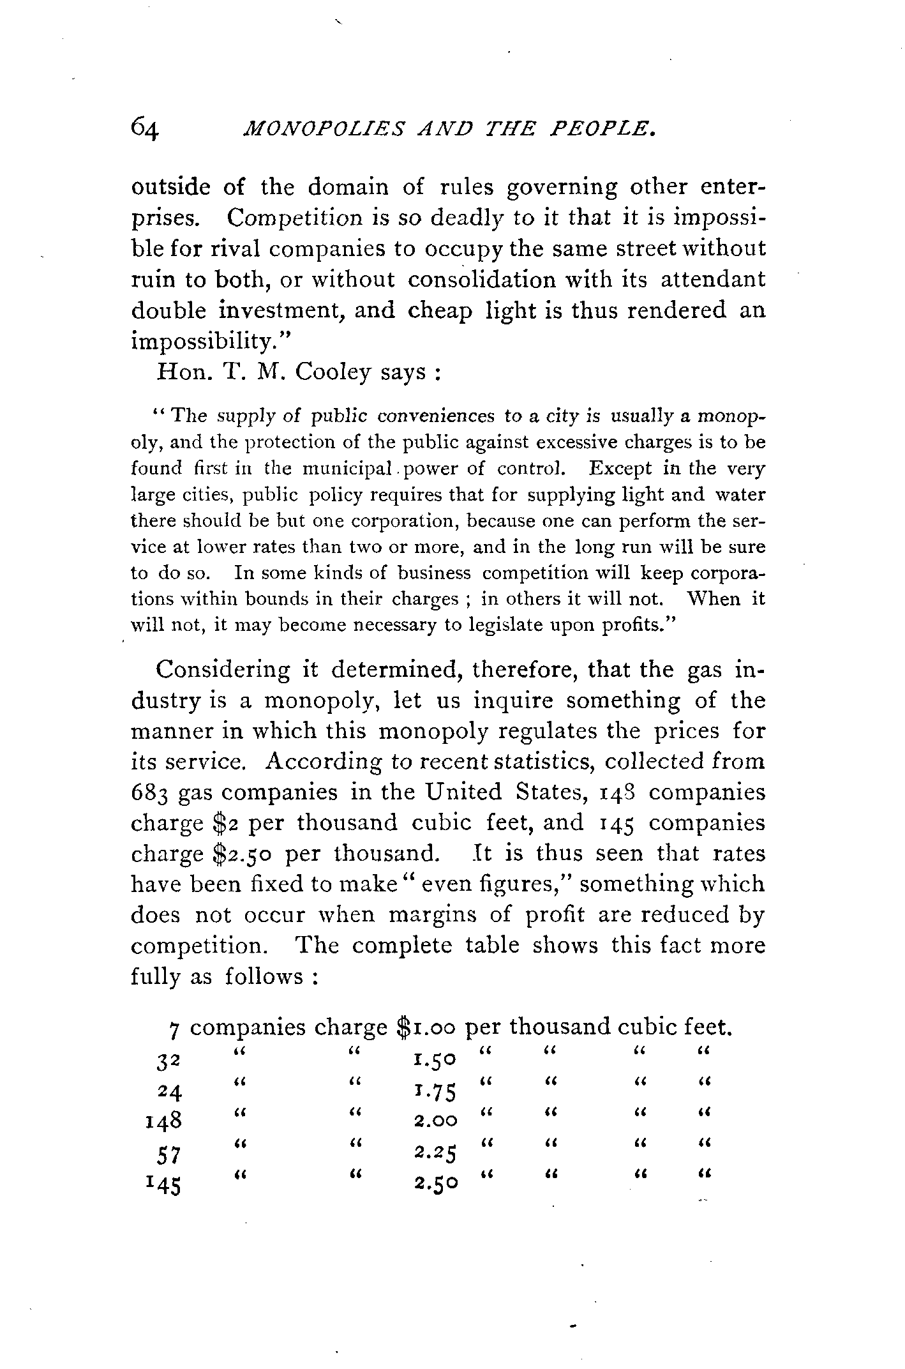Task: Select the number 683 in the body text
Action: pyautogui.click(x=150, y=793)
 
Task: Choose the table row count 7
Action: pyautogui.click(x=174, y=1029)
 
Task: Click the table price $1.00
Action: pyautogui.click(x=426, y=1027)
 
